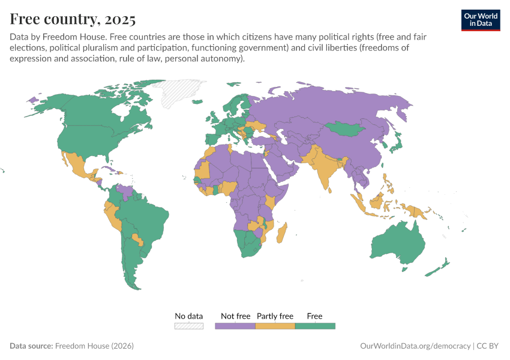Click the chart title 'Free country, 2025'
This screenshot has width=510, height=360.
click(x=73, y=19)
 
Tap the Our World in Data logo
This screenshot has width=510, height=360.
click(x=480, y=20)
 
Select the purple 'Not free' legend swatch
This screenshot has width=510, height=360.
click(x=235, y=326)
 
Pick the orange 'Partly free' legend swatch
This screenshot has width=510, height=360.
click(x=275, y=326)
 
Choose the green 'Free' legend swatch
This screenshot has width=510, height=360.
click(x=315, y=326)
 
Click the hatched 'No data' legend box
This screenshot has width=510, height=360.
click(x=189, y=326)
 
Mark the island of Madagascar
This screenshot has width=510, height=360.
click(x=282, y=234)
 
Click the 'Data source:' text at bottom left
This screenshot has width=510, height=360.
click(x=31, y=346)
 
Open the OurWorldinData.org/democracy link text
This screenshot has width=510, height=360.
click(x=415, y=346)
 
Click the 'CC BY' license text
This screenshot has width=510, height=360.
click(x=488, y=346)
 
